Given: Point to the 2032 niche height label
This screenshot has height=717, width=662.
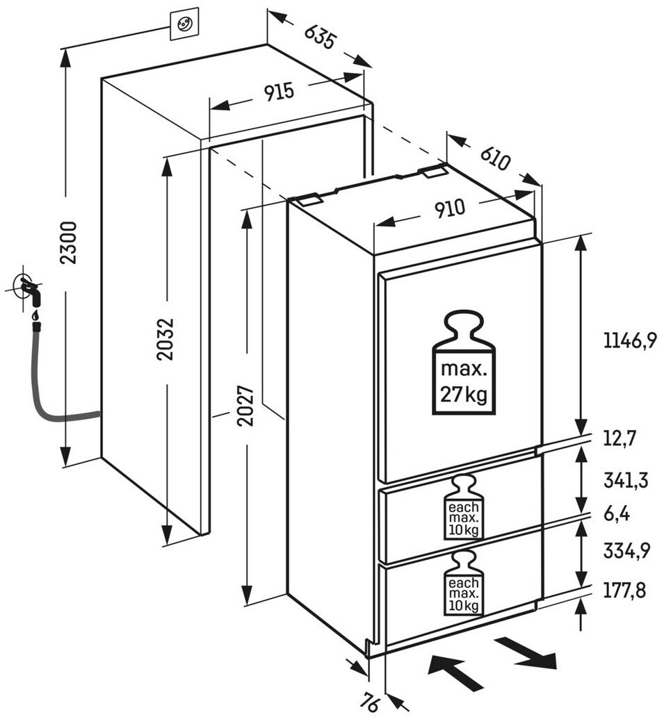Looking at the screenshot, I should pyautogui.click(x=165, y=338).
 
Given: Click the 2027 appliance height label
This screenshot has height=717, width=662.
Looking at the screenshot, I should pyautogui.click(x=245, y=406).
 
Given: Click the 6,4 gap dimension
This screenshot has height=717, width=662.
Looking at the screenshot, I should pyautogui.click(x=617, y=515).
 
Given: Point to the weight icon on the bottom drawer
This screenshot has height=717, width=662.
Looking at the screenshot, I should pyautogui.click(x=464, y=583).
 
